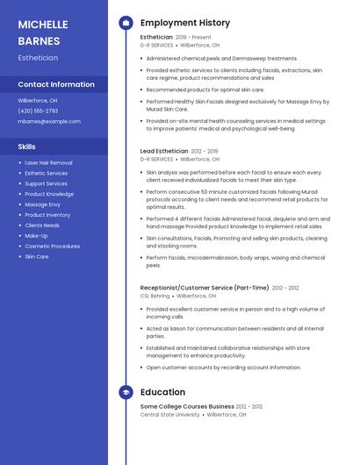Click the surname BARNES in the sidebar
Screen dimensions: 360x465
pyautogui.click(x=39, y=40)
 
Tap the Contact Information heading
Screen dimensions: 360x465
pyautogui.click(x=56, y=84)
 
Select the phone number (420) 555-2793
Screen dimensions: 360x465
pyautogui.click(x=38, y=111)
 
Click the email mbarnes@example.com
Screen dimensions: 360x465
pyautogui.click(x=49, y=121)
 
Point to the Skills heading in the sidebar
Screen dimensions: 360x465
pyautogui.click(x=26, y=147)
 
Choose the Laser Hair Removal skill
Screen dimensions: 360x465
pyautogui.click(x=48, y=163)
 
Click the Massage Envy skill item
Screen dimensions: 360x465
pyautogui.click(x=42, y=204)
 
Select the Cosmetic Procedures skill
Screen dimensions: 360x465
pyautogui.click(x=52, y=246)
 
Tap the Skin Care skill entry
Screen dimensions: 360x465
pyautogui.click(x=37, y=256)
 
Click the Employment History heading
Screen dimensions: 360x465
pyautogui.click(x=185, y=23)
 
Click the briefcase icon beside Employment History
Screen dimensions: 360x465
pyautogui.click(x=126, y=23)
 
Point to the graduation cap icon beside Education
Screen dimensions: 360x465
pyautogui.click(x=126, y=392)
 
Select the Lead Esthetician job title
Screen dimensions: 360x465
pyautogui.click(x=164, y=151)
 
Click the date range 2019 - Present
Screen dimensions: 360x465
pyautogui.click(x=193, y=38)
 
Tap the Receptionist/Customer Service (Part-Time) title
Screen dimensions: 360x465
pyautogui.click(x=205, y=288)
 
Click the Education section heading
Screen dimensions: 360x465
pyautogui.click(x=162, y=392)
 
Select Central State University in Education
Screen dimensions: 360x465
pyautogui.click(x=170, y=414)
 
